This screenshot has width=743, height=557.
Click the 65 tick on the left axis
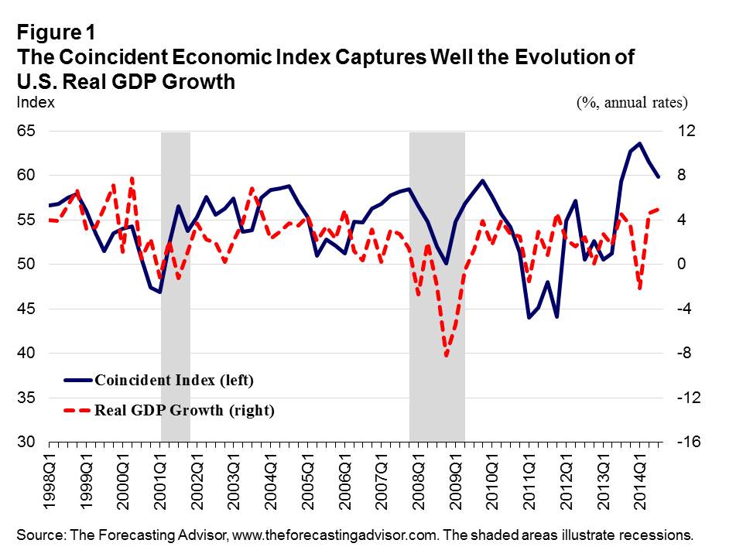coord(26,132)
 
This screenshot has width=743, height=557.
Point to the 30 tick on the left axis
coord(26,443)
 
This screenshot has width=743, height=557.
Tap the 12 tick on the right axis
coord(685,132)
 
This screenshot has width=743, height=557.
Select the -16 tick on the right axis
coord(688,443)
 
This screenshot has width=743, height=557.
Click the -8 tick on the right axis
coord(686,354)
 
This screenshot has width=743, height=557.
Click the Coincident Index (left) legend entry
coord(173,380)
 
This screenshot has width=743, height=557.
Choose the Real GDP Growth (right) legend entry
coord(183,411)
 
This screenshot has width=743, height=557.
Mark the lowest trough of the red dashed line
coord(447,356)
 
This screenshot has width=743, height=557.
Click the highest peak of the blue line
coord(639,143)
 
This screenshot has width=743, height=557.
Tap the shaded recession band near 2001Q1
coord(175,286)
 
